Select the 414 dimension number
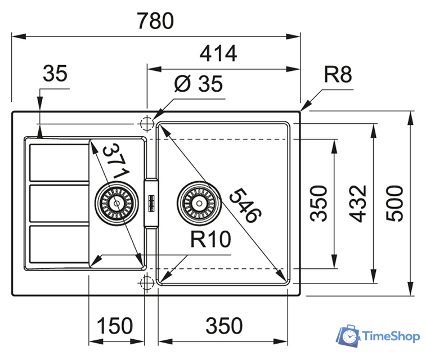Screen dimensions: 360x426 pos(218,54)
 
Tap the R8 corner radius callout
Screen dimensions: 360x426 pos(338,74)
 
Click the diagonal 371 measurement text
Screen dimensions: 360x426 pos(116,163)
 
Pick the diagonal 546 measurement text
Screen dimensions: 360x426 pos(245,203)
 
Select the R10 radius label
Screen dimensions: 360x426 pos(210,240)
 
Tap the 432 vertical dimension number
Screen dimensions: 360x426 pos(360,202)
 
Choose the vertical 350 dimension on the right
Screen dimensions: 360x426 pos(319,203)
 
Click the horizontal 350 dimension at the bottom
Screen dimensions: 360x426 pos(223,326)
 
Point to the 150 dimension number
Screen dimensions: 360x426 pos(115,326)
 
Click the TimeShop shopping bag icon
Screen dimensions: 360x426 pos(347,336)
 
